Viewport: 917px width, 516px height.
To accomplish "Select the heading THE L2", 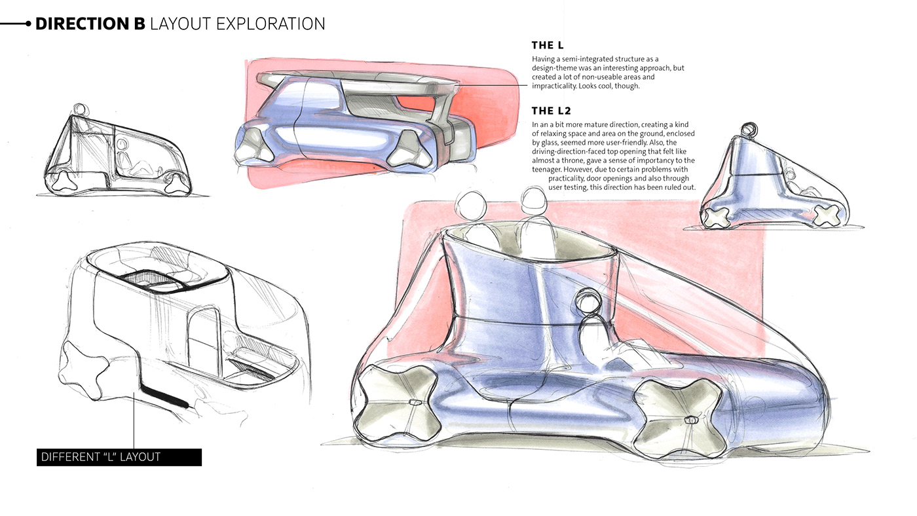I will [x=552, y=111].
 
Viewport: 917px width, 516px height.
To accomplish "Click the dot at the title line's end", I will [x=28, y=24].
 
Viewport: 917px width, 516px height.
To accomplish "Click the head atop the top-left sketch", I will [x=80, y=109].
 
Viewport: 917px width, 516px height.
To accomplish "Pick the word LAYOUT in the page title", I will [x=181, y=24].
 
